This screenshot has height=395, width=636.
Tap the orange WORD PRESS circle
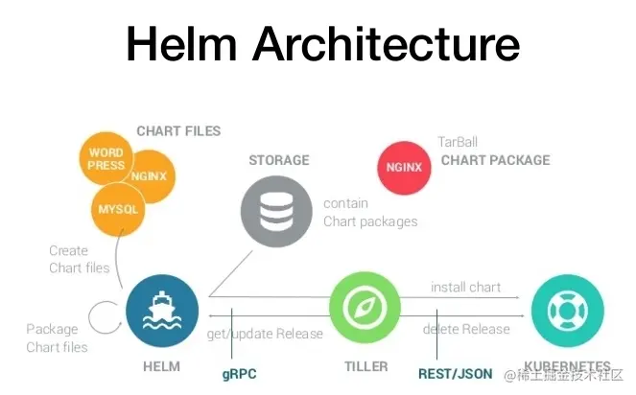pos(106,159)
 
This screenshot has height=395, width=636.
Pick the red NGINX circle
pos(406,166)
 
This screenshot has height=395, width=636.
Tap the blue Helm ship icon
pos(161,309)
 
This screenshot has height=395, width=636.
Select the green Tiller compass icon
pos(365,309)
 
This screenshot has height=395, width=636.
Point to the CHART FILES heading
pos(178,131)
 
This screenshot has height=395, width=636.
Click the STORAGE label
pos(279,159)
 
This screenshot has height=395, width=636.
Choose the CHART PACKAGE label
pos(495,160)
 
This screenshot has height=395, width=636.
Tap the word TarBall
pos(459,142)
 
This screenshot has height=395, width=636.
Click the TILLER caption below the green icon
pos(365,366)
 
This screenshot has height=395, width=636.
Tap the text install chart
pos(465,287)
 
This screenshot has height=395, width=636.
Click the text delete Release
pos(467,330)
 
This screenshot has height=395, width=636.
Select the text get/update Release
pos(264,334)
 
